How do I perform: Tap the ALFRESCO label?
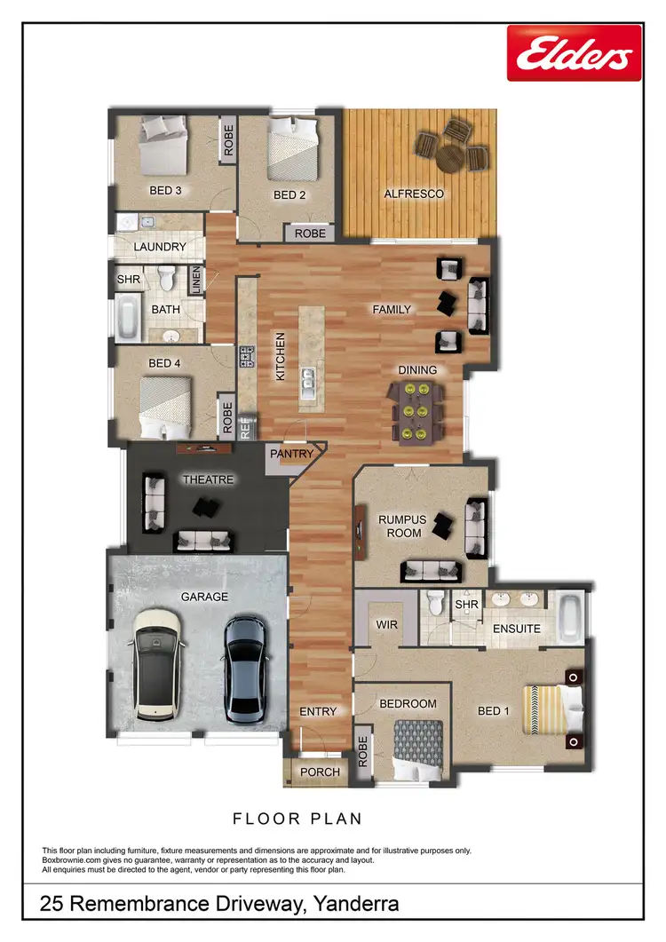pos(413,194)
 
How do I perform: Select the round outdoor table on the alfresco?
pos(450,154)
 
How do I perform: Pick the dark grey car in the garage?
pos(244,668)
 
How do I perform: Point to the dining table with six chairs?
pos(417,411)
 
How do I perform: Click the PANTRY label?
pos(292,454)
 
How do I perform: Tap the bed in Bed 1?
pos(551,712)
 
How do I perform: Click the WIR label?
pos(386,625)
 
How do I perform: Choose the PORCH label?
pos(320,772)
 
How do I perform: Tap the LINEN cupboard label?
pos(195,281)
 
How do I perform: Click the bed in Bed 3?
pos(163,147)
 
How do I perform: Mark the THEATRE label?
pos(208,479)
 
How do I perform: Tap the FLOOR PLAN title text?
pos(297,818)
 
